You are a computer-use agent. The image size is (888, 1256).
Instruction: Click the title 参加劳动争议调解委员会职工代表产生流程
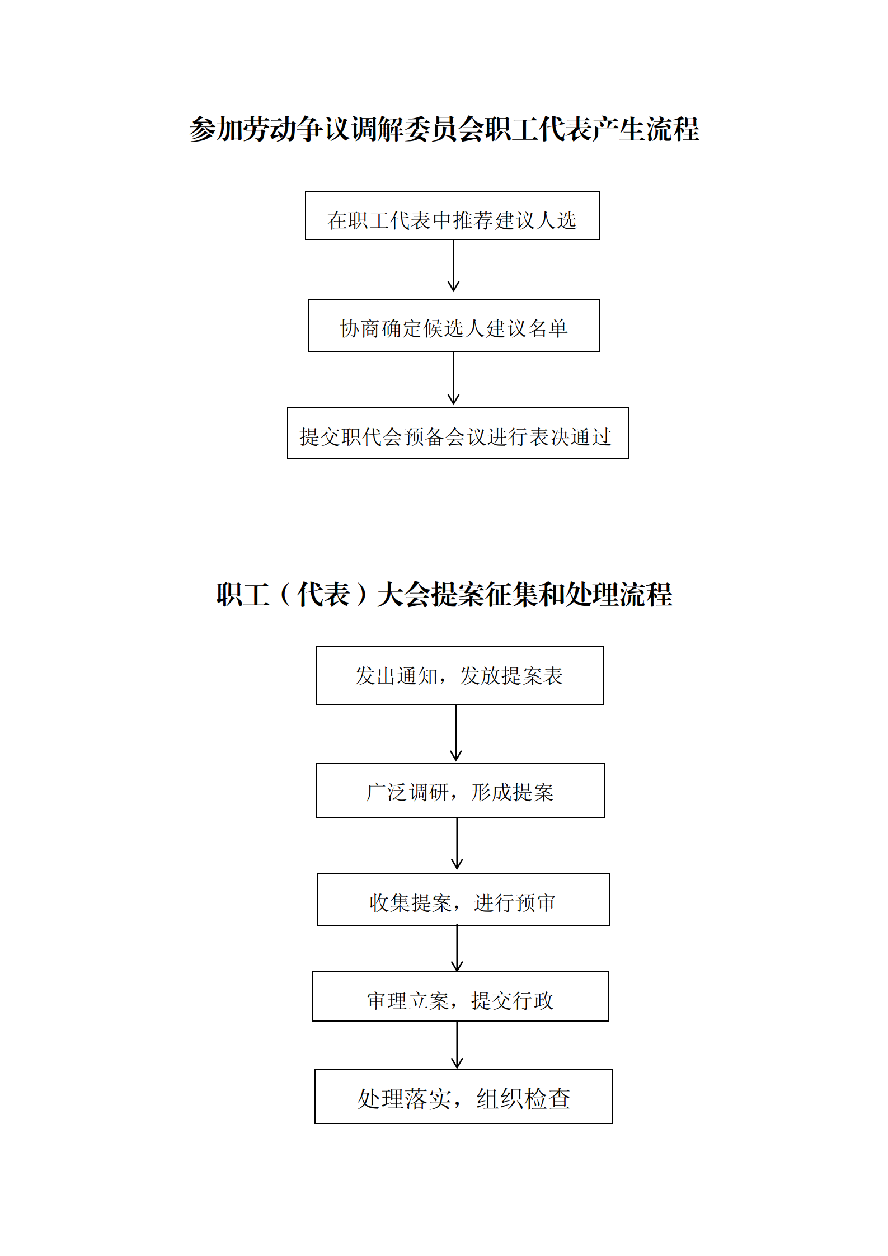tap(444, 129)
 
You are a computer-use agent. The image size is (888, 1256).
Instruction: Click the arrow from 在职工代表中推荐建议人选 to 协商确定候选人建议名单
tap(453, 266)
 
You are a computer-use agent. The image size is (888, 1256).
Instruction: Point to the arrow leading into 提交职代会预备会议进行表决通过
tap(453, 378)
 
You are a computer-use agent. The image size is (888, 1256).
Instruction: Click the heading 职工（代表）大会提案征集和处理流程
tap(444, 594)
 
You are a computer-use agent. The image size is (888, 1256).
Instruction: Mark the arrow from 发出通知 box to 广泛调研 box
tap(456, 733)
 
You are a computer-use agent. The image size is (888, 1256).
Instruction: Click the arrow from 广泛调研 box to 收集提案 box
tap(457, 843)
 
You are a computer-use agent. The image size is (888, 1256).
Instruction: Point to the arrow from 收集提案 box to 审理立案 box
tap(457, 948)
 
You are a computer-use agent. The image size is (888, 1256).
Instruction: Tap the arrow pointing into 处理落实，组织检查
tap(457, 1045)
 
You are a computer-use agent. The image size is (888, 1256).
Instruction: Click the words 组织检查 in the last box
tap(523, 1099)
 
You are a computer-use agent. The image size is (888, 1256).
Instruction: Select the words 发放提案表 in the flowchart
tap(511, 676)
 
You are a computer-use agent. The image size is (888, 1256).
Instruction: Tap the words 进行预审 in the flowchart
tap(514, 902)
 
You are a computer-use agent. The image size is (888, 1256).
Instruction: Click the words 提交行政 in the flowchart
tap(512, 1001)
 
